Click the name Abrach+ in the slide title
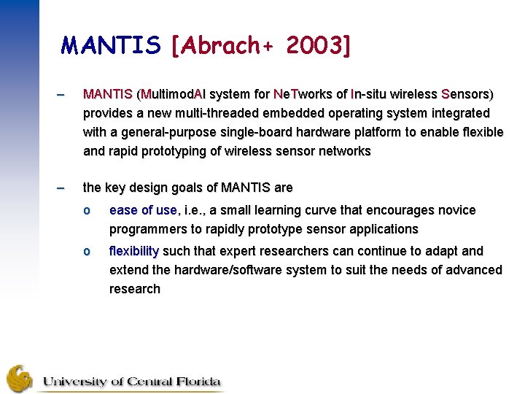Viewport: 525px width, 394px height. [222, 46]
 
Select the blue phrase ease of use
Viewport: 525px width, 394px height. [143, 210]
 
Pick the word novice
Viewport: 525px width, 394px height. [456, 210]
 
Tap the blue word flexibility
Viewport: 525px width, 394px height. [133, 251]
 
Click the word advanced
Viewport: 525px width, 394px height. [475, 270]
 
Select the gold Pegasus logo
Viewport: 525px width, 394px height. [20, 379]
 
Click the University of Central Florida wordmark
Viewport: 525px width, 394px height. [131, 382]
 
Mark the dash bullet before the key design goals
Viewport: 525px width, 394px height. [60, 188]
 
